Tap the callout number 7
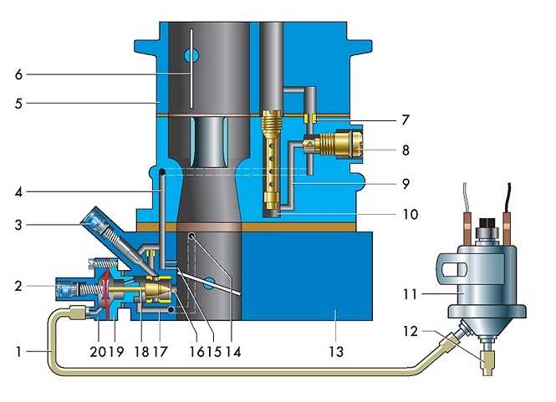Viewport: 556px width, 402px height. point(404,120)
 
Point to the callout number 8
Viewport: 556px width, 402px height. point(404,151)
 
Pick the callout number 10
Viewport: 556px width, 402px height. point(404,214)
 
